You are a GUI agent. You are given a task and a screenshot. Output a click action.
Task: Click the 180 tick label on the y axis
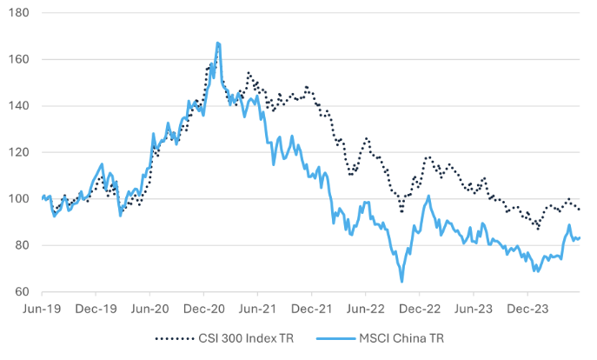point(19,13)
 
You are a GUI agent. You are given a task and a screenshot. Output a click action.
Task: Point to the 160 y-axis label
point(19,60)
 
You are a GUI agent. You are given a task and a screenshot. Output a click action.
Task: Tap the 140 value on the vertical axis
point(19,106)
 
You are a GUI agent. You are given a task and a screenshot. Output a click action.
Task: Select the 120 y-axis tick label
point(19,152)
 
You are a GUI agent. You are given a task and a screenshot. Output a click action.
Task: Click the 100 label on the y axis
point(19,199)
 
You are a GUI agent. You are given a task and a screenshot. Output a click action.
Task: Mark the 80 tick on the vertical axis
point(22,245)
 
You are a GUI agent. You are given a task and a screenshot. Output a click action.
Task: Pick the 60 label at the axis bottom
point(22,291)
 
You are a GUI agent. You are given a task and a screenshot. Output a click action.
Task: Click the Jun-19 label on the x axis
point(43,308)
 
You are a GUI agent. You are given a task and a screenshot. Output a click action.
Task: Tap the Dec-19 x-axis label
point(96,308)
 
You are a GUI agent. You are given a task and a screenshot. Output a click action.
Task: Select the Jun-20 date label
point(150,308)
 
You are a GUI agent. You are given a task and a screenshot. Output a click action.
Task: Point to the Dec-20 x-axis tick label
point(204,308)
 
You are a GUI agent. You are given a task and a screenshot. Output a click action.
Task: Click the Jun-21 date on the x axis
point(258,308)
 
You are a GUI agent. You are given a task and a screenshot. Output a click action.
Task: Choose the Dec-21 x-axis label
point(312,308)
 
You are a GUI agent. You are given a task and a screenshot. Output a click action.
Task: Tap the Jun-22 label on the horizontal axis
point(366,308)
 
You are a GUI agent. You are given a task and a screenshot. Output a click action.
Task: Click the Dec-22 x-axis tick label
point(420,308)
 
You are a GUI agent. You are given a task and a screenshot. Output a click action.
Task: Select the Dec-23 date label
point(527,308)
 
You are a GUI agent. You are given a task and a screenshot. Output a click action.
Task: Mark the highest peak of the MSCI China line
point(217,43)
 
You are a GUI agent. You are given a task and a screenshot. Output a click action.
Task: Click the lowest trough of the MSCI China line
point(401,282)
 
